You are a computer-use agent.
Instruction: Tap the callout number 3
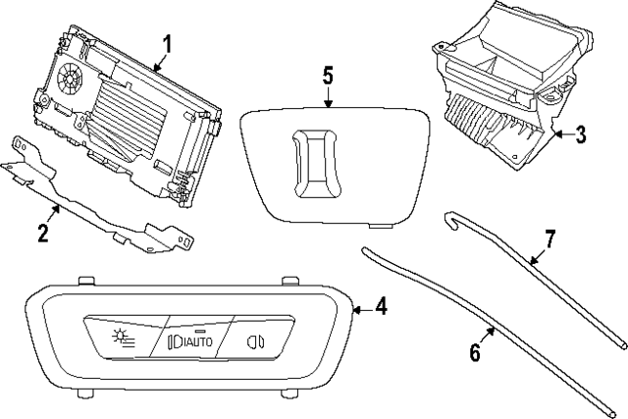[580, 134]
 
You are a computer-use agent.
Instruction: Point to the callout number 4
[382, 307]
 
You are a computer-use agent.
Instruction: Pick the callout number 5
[329, 75]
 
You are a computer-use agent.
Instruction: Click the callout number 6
[475, 352]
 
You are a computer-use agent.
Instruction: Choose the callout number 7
[549, 237]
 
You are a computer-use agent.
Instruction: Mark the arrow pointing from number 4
[360, 308]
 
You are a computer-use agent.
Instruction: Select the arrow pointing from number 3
[559, 134]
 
